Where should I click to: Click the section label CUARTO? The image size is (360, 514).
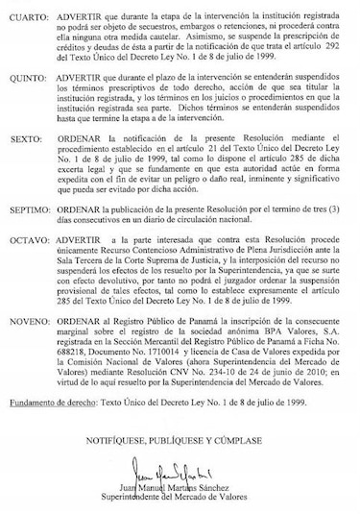30,17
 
